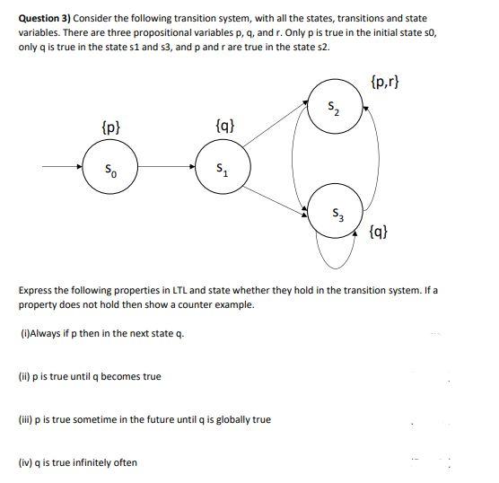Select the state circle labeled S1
click(x=221, y=166)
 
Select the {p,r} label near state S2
click(x=384, y=83)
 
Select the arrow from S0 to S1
click(x=165, y=166)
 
